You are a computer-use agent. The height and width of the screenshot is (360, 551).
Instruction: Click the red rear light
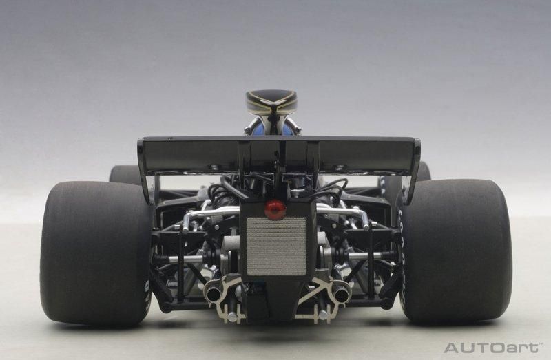point(275,210)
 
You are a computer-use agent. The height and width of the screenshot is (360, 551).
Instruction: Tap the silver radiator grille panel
point(276,246)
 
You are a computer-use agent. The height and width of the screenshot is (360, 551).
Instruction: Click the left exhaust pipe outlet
point(214,295)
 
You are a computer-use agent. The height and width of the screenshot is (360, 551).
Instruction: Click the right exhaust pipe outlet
point(341,295)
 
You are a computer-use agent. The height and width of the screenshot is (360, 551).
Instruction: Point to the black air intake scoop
point(271,101)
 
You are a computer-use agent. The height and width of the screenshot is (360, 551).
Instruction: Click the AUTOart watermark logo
point(491,348)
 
